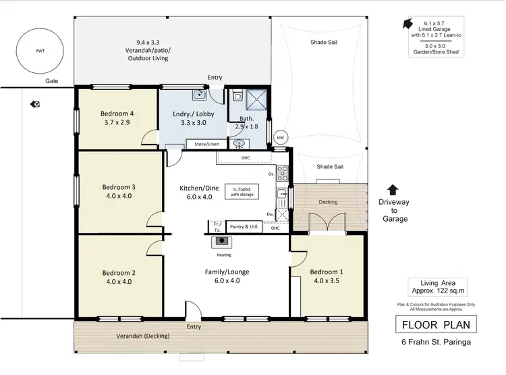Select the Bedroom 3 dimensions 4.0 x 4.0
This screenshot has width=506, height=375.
[x=119, y=196]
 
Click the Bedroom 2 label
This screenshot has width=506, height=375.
[x=119, y=272]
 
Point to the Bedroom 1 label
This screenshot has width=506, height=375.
[x=328, y=272]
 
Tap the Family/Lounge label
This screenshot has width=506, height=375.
[x=227, y=272]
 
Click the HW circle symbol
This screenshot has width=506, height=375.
[x=281, y=138]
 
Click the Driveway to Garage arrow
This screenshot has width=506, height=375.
[x=394, y=191]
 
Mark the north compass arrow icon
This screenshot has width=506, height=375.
[x=407, y=24]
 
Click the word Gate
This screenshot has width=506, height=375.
[x=53, y=80]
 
